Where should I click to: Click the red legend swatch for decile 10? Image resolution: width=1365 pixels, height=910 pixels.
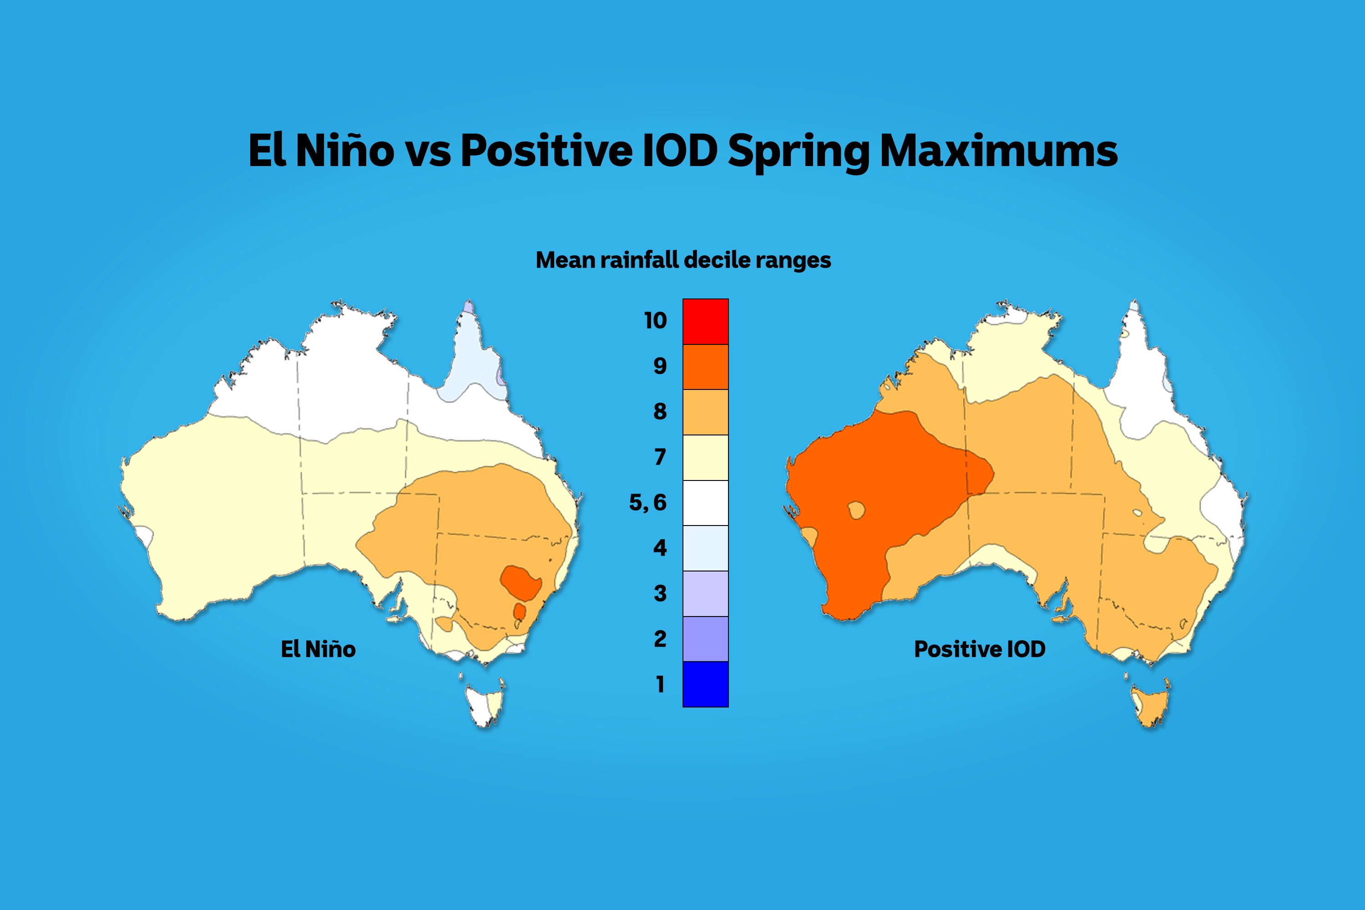coord(705,322)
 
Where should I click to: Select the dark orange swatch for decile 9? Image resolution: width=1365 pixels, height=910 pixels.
coord(705,367)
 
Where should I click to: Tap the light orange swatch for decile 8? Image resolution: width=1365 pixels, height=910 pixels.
coord(705,412)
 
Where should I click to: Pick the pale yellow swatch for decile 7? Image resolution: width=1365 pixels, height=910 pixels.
coord(705,457)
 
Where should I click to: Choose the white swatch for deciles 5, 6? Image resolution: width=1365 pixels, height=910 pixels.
coord(705,503)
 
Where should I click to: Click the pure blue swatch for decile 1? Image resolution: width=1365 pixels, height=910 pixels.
coord(705,684)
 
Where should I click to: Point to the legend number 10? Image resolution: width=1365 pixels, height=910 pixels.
coord(655,320)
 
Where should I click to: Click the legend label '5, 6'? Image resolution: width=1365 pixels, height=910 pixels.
coord(647,503)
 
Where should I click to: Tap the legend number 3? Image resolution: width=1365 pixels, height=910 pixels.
coord(660,593)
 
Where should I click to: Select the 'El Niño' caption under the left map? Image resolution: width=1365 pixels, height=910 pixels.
coord(318,649)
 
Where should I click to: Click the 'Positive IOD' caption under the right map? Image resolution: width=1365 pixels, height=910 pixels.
coord(980,649)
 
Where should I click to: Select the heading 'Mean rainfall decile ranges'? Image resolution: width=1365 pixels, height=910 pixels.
coord(683,260)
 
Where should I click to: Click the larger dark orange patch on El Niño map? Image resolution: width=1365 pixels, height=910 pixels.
coord(521,582)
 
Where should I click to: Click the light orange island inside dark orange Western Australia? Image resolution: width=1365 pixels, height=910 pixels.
coord(856,510)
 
